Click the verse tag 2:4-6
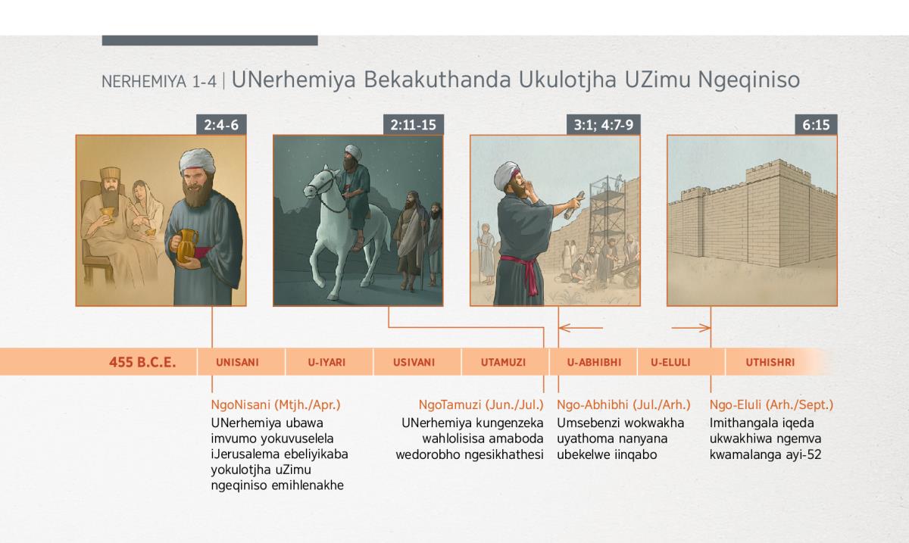click(221, 125)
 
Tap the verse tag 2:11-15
click(413, 125)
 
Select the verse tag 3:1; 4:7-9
click(604, 125)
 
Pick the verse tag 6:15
click(816, 125)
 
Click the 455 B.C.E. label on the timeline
click(142, 362)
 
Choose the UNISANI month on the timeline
click(237, 363)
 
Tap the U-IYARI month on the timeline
click(326, 363)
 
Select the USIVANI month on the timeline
click(414, 363)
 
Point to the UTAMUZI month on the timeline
click(503, 363)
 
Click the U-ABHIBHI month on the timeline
click(594, 363)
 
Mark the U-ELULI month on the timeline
click(670, 363)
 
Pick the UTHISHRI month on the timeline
click(770, 363)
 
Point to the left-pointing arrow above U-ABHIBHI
click(581, 327)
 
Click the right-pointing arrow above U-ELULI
click(691, 327)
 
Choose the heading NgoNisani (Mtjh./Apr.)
click(276, 404)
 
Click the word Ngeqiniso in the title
click(748, 80)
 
